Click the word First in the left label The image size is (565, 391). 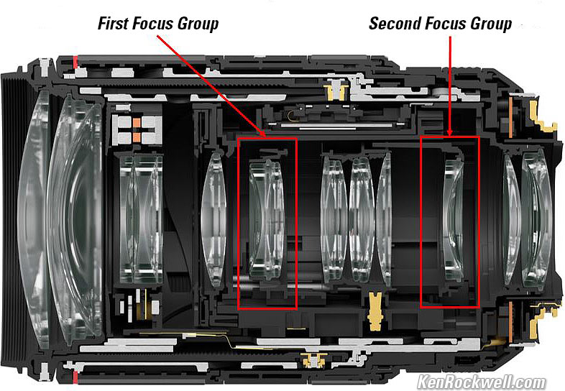click(x=113, y=24)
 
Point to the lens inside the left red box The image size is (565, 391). click(x=267, y=221)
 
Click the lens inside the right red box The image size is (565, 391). click(x=454, y=221)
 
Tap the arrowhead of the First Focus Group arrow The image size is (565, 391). click(x=263, y=134)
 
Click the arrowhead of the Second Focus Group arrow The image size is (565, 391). click(x=450, y=133)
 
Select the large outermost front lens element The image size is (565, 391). click(x=35, y=219)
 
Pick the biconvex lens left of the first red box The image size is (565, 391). click(x=214, y=220)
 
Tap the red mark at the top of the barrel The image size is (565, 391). click(x=75, y=62)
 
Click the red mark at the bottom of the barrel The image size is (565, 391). click(x=75, y=377)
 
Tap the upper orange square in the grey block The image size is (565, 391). click(x=137, y=123)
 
